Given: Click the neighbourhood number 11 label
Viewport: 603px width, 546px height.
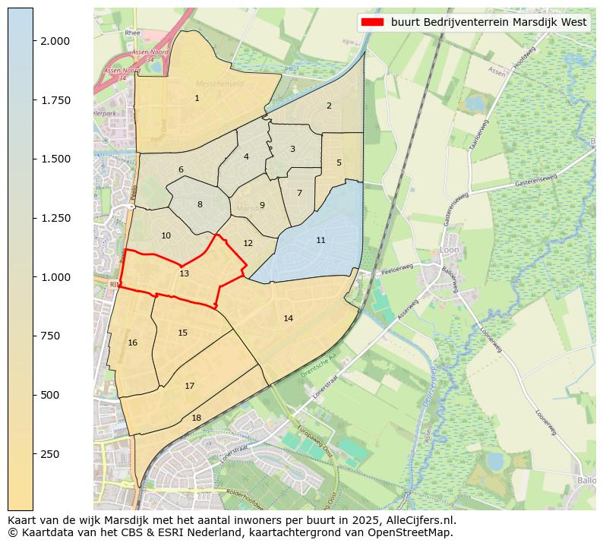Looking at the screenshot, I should point(320,240).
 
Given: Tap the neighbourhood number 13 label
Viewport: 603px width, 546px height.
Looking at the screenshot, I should point(185,273).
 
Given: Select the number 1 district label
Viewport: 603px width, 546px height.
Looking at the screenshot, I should point(197,98).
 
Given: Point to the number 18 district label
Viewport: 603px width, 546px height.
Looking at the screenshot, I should point(196,418).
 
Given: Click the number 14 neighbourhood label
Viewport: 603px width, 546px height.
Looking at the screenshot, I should point(288,318).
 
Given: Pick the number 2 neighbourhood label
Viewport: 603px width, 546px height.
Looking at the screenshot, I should point(329,106).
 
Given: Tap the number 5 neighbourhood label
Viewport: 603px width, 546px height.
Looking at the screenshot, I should point(339,163).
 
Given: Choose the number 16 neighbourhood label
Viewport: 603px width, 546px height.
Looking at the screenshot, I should point(133,342).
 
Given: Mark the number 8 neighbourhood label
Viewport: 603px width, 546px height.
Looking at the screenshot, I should point(200,204).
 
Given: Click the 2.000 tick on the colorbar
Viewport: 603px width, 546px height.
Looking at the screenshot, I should point(55,41).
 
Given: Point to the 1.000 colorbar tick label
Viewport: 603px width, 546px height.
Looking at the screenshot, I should point(55,277).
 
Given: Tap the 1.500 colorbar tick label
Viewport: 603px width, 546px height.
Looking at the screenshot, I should point(55,159).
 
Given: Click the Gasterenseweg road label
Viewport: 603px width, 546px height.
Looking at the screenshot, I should point(535,180).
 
